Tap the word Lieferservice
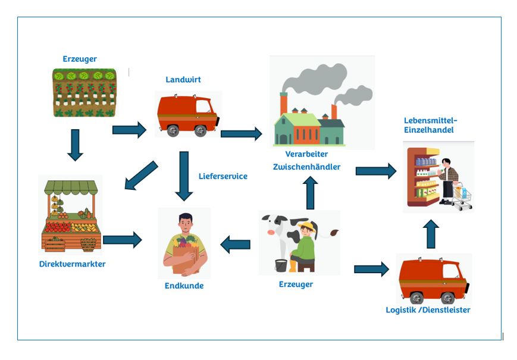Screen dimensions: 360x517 [x=223, y=176]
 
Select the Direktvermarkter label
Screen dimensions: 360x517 [x=72, y=264]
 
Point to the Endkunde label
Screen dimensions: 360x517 [x=184, y=286]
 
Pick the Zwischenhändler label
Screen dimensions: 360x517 [x=306, y=167]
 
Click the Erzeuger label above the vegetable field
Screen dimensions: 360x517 [x=80, y=59]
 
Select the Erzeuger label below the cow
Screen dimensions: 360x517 [x=296, y=284]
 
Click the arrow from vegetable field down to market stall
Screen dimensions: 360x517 [x=75, y=145]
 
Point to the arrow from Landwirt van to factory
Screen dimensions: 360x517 [x=241, y=133]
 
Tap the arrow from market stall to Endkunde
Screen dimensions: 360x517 [x=123, y=240]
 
